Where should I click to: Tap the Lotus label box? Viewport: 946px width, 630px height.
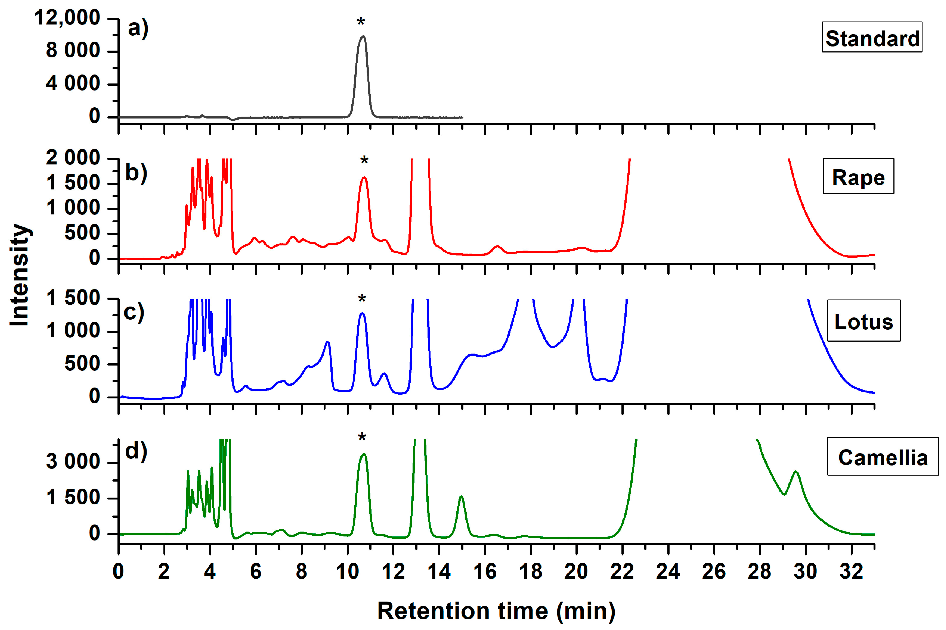click(863, 321)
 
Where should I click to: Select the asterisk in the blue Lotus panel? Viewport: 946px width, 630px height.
click(362, 299)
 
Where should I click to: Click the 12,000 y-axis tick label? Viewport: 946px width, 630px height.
click(67, 18)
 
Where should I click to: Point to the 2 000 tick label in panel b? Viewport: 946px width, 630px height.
click(73, 158)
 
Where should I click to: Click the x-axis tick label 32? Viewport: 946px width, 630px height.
click(851, 571)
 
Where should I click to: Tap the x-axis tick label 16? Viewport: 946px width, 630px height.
click(485, 571)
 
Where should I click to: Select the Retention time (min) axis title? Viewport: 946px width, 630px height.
click(496, 611)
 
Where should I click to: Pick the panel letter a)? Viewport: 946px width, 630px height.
click(138, 29)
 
